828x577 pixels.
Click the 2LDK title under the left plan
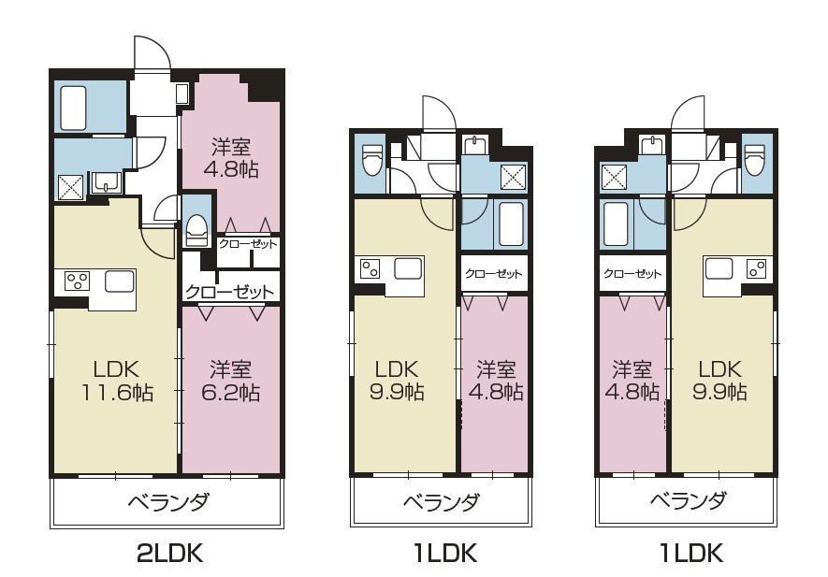pyautogui.click(x=169, y=554)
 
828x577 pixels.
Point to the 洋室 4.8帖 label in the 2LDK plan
pyautogui.click(x=231, y=158)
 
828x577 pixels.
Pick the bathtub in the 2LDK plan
pyautogui.click(x=73, y=108)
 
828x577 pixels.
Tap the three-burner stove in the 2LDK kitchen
pyautogui.click(x=77, y=281)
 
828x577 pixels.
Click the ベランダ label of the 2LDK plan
pyautogui.click(x=169, y=501)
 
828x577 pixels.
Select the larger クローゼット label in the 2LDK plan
pyautogui.click(x=230, y=292)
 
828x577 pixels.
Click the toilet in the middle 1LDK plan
pyautogui.click(x=371, y=158)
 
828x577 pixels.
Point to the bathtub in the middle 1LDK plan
pyautogui.click(x=511, y=224)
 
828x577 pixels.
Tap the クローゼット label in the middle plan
pyautogui.click(x=494, y=273)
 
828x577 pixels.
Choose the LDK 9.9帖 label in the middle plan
pyautogui.click(x=397, y=380)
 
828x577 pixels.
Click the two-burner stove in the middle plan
pyautogui.click(x=370, y=268)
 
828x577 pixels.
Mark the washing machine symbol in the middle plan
pyautogui.click(x=513, y=177)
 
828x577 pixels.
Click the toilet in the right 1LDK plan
pyautogui.click(x=754, y=158)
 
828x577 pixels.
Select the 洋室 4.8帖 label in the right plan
pyautogui.click(x=632, y=380)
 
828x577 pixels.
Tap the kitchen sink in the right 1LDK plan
pyautogui.click(x=719, y=268)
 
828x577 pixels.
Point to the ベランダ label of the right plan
pyautogui.click(x=688, y=500)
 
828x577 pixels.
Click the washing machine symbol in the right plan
pyautogui.click(x=615, y=177)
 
